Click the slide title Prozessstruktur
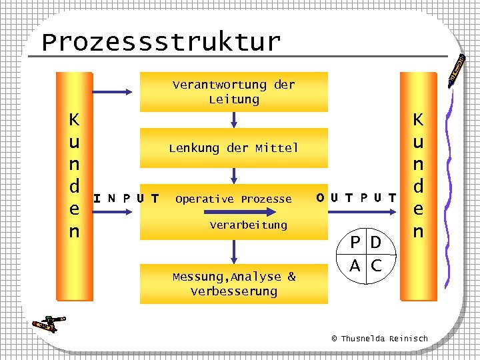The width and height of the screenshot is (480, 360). coord(161,42)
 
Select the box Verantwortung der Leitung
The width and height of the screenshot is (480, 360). coord(233,92)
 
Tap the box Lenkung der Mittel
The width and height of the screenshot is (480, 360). coord(233,148)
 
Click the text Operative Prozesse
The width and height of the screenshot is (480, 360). coord(233,199)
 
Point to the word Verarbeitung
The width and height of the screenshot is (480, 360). coord(248,225)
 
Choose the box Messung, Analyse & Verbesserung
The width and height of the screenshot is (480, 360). coord(233,284)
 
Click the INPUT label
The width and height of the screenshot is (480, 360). coord(126,199)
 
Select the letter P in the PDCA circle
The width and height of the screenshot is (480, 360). coord(357,242)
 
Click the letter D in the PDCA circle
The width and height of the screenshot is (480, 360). coord(376,242)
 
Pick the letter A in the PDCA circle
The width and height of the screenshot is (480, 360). coord(357,265)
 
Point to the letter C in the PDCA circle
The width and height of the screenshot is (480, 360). coord(376,265)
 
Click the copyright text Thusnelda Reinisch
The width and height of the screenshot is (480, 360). coord(380,339)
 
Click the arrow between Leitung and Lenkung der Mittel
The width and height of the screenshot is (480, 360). coord(233,119)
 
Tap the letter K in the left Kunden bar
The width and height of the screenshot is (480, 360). coord(74,120)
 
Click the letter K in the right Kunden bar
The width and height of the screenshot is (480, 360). coord(418,120)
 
